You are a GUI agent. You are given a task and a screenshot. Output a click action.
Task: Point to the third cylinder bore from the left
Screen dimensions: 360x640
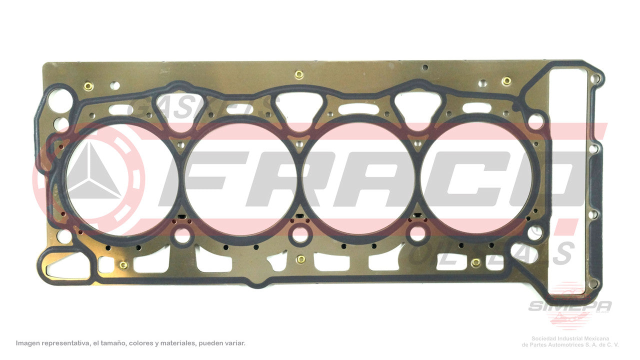coord(359,178)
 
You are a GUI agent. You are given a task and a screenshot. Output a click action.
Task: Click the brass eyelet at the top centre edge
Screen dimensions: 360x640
coord(299,75)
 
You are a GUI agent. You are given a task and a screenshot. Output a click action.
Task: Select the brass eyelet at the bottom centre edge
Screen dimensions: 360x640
coord(300,259)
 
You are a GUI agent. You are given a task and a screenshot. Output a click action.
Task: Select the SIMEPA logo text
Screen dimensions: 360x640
coord(570,306)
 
